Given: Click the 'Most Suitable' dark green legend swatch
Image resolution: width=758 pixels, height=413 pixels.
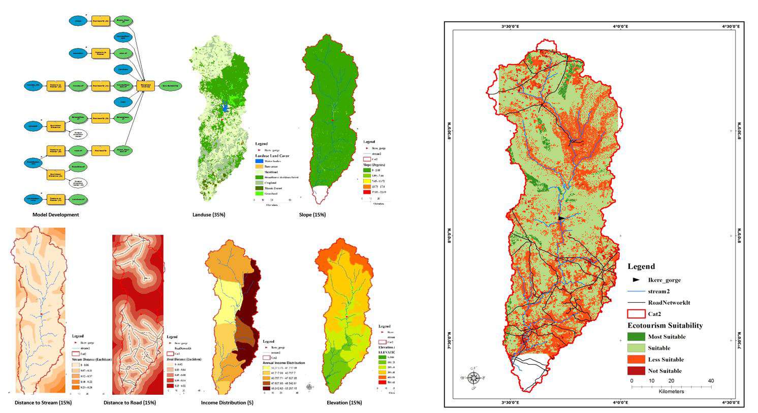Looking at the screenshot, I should (636, 337).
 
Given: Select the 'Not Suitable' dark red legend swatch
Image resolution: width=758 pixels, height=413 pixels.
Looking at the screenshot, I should (636, 371).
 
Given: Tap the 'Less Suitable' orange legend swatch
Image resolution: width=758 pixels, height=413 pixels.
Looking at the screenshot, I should (636, 360).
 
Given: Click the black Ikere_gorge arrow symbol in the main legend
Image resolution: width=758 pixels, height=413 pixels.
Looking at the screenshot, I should (636, 280).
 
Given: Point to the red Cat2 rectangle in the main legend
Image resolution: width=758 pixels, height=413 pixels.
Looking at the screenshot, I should (636, 314).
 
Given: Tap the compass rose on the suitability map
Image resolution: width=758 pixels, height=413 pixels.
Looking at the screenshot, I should (474, 378).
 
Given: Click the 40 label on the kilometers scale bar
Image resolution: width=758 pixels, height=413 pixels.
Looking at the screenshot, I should (711, 380).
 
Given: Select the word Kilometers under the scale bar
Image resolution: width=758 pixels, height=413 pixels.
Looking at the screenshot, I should (671, 392).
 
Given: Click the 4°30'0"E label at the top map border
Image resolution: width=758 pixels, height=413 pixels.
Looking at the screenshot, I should (731, 26).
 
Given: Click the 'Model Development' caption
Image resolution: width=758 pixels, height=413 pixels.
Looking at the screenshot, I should (55, 215).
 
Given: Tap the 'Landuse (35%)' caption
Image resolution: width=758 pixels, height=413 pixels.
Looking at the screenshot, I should (208, 215).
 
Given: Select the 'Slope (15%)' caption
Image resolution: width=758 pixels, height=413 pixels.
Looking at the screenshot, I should (312, 215).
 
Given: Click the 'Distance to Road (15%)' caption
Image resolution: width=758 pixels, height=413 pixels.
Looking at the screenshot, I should (130, 403).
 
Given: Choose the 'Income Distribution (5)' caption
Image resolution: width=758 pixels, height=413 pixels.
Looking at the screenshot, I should (227, 403).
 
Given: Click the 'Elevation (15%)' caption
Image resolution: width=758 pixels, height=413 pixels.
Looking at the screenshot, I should (344, 403).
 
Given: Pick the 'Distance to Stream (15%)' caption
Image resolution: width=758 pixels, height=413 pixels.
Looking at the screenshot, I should (43, 403).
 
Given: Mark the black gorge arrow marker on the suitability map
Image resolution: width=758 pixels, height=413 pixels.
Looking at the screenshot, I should (561, 218).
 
